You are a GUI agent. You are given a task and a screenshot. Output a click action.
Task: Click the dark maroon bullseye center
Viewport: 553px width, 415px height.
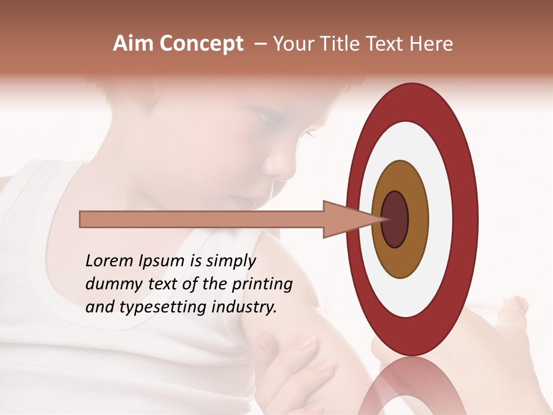[395, 219]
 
